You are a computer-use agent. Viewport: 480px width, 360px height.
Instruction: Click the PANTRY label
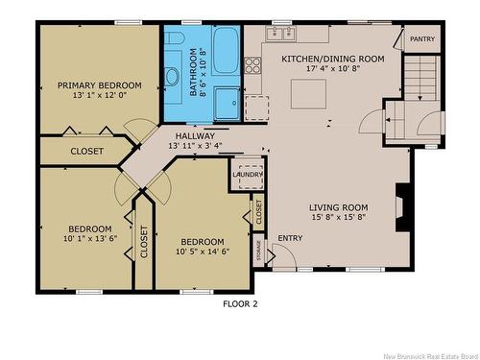tap(422, 39)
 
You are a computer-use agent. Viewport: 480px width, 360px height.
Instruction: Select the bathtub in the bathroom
tap(226, 50)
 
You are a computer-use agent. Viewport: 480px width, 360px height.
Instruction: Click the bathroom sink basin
tap(172, 77)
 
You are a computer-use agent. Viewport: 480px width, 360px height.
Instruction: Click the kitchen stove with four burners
tap(253, 65)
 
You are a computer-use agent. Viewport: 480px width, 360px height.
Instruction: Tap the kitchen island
tap(308, 94)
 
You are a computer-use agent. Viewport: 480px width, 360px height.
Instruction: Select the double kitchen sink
tap(281, 33)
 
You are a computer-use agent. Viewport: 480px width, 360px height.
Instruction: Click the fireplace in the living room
tap(402, 207)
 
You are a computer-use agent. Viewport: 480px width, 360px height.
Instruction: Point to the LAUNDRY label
tap(248, 175)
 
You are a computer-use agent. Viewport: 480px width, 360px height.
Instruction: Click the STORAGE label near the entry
tap(258, 251)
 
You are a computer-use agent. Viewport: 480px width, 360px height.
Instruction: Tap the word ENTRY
tap(290, 238)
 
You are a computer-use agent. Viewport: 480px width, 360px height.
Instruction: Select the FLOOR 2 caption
tap(240, 303)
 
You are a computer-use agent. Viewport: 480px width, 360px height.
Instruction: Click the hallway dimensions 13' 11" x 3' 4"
tap(195, 146)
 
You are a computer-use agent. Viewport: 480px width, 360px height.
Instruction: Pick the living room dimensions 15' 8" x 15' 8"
tap(339, 217)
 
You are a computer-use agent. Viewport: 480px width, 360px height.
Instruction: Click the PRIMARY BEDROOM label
tap(100, 85)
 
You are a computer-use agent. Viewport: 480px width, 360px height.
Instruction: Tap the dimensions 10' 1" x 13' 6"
tap(90, 238)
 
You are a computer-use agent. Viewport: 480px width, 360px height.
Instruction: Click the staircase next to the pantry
tap(420, 79)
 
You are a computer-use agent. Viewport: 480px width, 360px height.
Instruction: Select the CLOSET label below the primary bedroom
tap(87, 151)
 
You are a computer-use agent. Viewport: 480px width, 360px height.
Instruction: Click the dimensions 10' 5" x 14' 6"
tap(203, 252)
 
